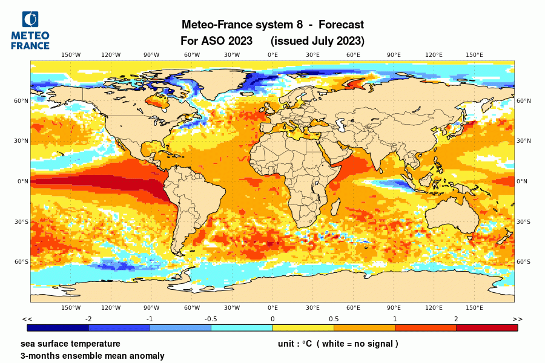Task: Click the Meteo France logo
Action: tap(30, 30)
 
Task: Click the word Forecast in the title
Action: tap(341, 25)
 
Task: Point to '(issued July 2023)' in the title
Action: tap(317, 41)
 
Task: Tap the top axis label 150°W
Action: tap(71, 55)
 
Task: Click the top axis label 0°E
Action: tap(272, 55)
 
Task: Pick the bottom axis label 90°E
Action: tap(394, 307)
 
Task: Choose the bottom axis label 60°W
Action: tap(192, 307)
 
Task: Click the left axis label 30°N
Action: tap(22, 141)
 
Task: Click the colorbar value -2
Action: tap(88, 319)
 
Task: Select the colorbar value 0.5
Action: tap(334, 319)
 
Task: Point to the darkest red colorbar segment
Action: tap(487, 328)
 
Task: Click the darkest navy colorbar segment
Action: tap(58, 328)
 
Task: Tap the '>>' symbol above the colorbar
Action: tap(517, 319)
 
